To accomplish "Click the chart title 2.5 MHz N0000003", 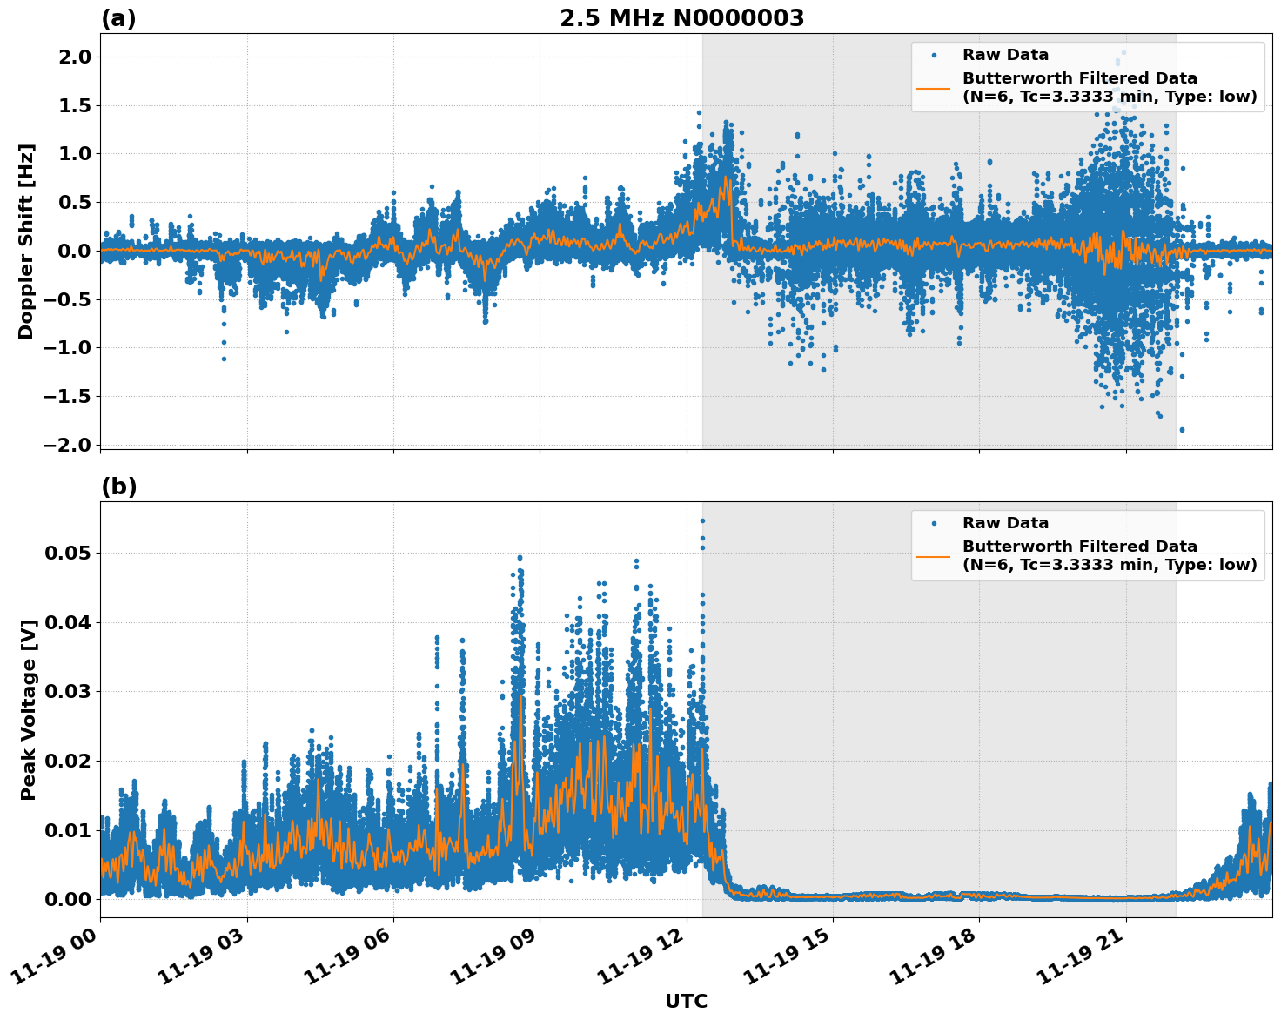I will tap(681, 18).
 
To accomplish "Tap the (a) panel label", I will tap(118, 18).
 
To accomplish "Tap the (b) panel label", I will tap(118, 487).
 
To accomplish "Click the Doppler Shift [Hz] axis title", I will tap(26, 241).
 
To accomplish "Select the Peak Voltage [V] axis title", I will tap(29, 709).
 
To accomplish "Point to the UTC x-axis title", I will tap(686, 1001).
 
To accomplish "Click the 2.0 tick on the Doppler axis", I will tap(72, 57).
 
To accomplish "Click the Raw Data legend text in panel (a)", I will tap(1005, 55).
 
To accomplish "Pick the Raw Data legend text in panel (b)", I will tap(1005, 523).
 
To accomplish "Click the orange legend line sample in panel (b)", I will tap(934, 555).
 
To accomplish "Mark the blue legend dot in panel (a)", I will tap(934, 55).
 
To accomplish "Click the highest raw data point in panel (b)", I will tap(702, 520).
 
